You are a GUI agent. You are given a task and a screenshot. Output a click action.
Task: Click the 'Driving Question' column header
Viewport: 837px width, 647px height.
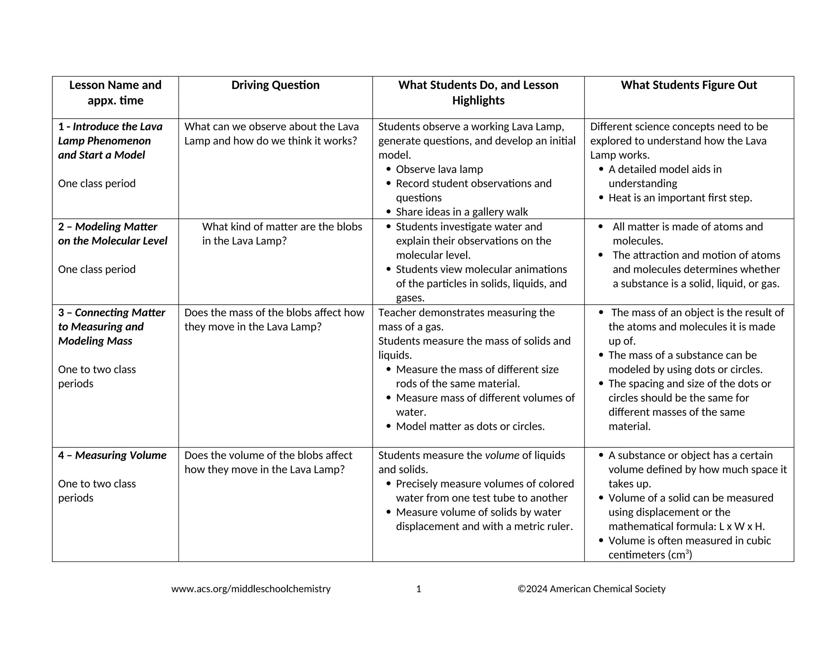coord(275,85)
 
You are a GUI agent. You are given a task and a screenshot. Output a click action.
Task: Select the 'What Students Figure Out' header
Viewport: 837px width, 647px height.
coord(689,85)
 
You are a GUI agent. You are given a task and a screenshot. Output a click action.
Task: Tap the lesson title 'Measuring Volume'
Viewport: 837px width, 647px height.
coord(121,455)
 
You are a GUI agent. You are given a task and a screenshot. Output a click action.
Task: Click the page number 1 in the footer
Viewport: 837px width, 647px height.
coord(418,589)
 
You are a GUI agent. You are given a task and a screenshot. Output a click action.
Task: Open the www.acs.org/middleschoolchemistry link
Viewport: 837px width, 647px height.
coord(251,589)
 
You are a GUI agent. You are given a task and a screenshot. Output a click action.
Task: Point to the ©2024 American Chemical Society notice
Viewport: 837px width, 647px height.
coord(591,589)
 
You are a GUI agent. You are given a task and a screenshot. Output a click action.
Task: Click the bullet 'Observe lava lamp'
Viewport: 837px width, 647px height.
coord(439,169)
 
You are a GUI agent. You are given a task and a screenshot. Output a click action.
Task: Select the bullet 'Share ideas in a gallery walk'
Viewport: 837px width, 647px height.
coord(461,212)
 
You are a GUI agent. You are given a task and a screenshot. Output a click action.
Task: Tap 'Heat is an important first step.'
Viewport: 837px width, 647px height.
coord(680,198)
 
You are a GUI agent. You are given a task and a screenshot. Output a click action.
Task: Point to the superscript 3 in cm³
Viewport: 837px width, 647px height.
coord(687,552)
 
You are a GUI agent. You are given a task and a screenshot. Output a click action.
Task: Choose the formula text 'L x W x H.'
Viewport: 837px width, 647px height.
coord(741,526)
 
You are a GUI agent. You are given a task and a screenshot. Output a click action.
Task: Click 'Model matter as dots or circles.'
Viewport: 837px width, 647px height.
coord(470,427)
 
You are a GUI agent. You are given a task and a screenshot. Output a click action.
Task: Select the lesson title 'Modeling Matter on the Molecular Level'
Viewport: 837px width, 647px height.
coord(112,234)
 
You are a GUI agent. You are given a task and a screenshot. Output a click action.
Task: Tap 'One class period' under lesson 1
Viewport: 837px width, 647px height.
coord(97,184)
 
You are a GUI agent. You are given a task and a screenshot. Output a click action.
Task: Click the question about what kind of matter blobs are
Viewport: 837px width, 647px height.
coord(282,234)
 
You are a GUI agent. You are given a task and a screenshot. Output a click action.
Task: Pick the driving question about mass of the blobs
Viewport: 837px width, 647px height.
coord(274,319)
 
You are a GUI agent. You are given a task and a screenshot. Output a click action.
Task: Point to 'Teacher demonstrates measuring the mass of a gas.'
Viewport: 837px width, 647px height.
coord(466,319)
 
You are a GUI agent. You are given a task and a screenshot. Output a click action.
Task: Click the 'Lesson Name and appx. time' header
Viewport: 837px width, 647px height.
coord(115,93)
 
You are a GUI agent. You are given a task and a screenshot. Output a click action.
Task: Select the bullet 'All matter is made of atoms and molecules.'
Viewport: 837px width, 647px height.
coord(687,234)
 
